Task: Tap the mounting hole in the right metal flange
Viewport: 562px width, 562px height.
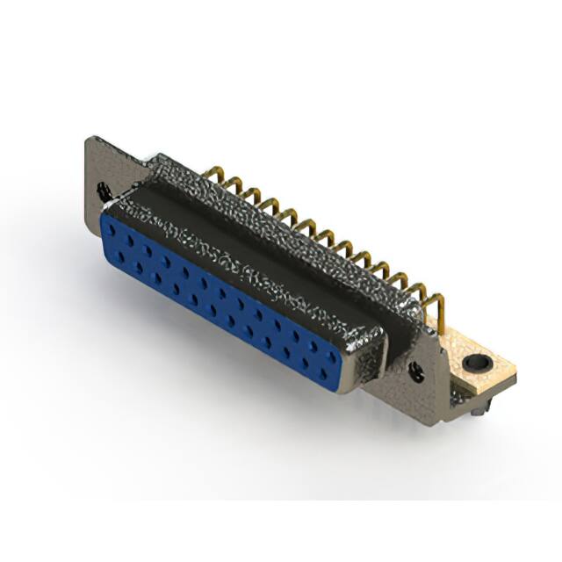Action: (x=417, y=372)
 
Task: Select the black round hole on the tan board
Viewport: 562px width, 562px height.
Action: (x=477, y=361)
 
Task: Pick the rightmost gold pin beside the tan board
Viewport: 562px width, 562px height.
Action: (x=436, y=309)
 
